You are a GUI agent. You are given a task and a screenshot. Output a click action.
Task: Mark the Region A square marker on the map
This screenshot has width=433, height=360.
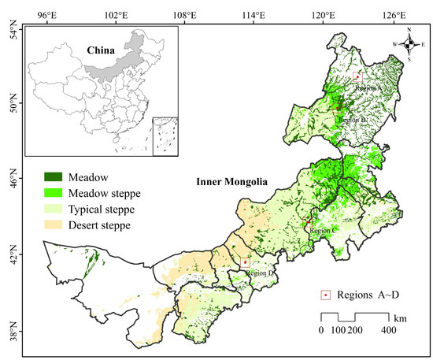357,76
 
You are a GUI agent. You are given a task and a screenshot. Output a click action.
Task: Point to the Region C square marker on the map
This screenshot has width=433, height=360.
305,223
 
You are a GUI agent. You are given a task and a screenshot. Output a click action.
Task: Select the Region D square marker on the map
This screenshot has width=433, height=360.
246,262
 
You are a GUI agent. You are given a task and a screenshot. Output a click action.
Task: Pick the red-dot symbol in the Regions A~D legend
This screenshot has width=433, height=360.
324,295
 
